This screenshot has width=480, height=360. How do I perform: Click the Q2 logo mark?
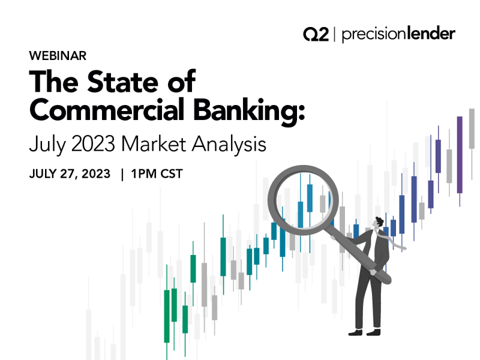(x=316, y=34)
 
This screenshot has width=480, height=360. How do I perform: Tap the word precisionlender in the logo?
(x=398, y=34)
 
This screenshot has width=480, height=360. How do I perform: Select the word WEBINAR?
(x=58, y=56)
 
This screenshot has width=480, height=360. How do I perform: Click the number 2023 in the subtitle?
(x=97, y=145)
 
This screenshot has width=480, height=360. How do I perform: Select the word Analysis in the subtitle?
(x=236, y=145)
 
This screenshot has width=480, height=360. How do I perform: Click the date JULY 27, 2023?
(x=70, y=174)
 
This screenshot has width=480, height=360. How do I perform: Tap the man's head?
(x=377, y=223)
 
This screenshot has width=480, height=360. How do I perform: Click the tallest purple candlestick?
(x=460, y=154)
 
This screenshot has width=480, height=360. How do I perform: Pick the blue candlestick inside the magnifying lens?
(x=310, y=197)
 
